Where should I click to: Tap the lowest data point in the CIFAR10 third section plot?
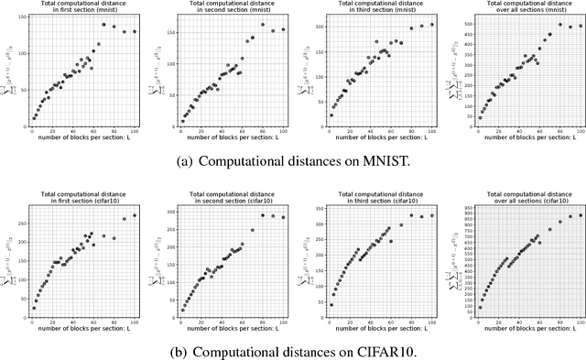[331, 304]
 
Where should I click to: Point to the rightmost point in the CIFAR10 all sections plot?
[581, 215]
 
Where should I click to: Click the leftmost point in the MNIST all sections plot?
[480, 117]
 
